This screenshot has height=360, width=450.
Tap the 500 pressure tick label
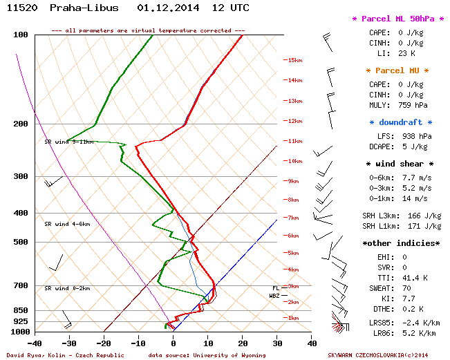(20, 243)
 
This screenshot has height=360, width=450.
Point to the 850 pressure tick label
(20, 311)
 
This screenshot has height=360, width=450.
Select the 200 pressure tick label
(20, 124)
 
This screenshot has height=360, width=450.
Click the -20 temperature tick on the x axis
(104, 342)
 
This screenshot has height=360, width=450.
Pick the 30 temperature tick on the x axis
(276, 342)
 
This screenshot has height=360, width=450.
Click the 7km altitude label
(293, 218)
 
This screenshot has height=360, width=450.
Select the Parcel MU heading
(397, 70)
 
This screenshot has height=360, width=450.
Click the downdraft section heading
(397, 122)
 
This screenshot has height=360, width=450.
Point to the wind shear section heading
(399, 164)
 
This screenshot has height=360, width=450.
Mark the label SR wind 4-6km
(67, 224)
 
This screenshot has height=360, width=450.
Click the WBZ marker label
(274, 296)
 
